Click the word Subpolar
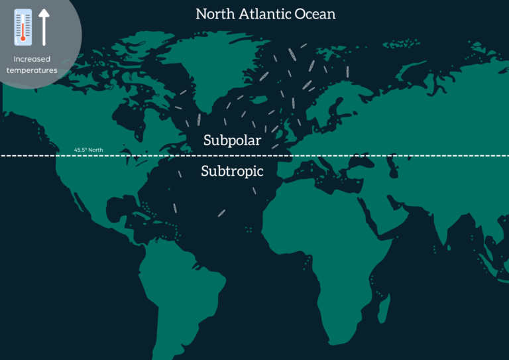[x=232, y=141]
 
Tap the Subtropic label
[x=232, y=171]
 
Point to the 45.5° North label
[x=88, y=150]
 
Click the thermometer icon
[x=23, y=27]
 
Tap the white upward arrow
[x=44, y=27]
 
